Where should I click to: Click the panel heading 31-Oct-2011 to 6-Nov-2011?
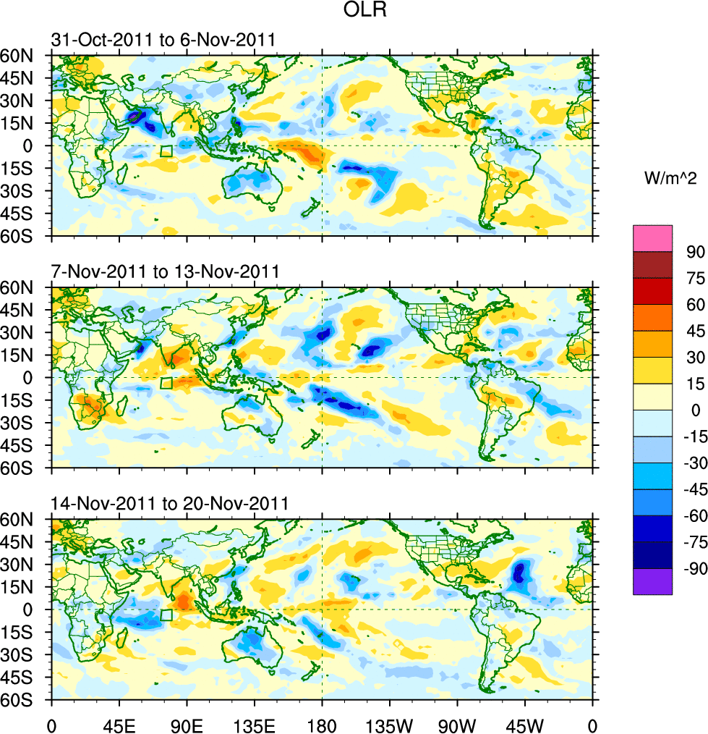tap(163, 40)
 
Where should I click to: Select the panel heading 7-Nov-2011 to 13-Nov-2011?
tap(165, 272)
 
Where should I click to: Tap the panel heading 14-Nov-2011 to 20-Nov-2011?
tap(169, 504)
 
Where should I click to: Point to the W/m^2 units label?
tap(669, 178)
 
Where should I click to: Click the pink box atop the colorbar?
tap(652, 238)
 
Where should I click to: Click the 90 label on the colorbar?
tap(694, 251)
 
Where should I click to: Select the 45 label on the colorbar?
tap(694, 331)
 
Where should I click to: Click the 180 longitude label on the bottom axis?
tap(322, 724)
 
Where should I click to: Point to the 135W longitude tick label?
tap(389, 724)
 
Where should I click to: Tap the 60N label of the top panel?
tap(26, 56)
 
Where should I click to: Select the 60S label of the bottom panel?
tap(26, 701)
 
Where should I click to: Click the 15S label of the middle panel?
tap(26, 400)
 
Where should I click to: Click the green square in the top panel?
tap(166, 151)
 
